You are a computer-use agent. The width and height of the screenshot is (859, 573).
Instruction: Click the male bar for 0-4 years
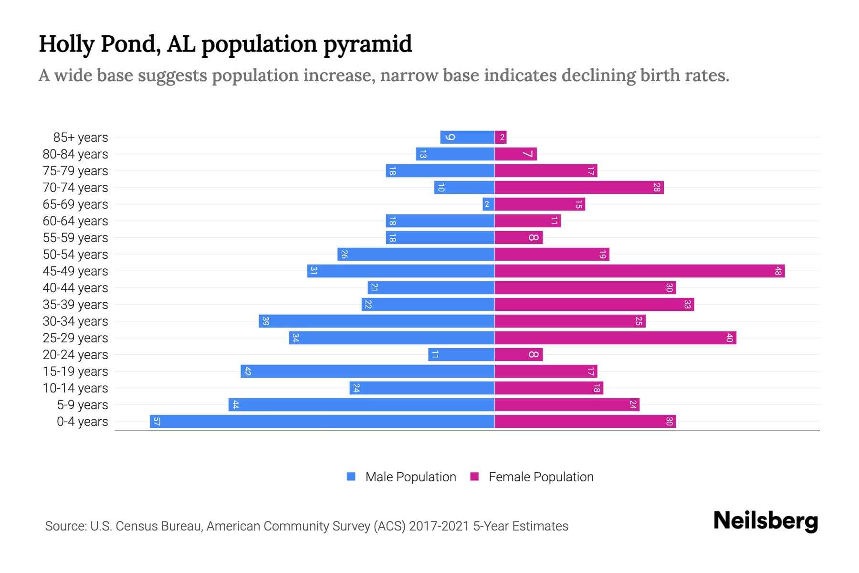(x=322, y=421)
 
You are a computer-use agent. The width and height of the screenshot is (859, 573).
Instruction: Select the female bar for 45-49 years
(x=639, y=271)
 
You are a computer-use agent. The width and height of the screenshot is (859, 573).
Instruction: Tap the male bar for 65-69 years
(x=489, y=204)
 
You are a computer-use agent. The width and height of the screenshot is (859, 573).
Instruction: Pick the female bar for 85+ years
(x=501, y=137)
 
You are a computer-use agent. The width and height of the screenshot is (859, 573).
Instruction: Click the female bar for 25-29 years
(x=615, y=338)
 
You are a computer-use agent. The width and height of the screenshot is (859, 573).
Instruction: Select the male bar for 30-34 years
(x=377, y=321)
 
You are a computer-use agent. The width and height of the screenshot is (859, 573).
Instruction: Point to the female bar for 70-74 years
(x=579, y=187)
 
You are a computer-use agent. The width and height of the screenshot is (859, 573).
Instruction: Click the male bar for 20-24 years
(x=461, y=354)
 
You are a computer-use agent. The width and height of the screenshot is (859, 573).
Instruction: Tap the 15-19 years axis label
(x=75, y=371)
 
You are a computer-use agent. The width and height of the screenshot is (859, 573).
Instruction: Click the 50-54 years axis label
(x=75, y=254)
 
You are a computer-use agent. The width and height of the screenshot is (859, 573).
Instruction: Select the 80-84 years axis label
(x=75, y=154)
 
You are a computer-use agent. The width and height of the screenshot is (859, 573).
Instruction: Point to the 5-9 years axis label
(x=83, y=404)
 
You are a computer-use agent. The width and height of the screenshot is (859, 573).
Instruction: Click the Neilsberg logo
(x=765, y=520)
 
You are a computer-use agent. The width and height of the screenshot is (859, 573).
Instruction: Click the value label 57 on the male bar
(x=157, y=421)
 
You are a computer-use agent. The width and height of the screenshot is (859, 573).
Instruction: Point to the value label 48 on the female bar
(x=778, y=271)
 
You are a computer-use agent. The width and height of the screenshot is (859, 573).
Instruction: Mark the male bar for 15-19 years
(x=367, y=371)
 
